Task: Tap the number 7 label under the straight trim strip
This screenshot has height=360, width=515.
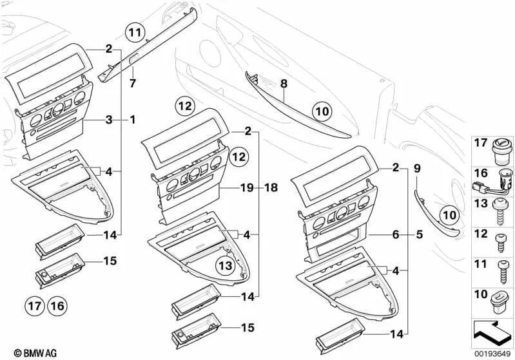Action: (x=133, y=84)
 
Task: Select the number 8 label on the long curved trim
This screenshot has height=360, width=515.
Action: (x=283, y=84)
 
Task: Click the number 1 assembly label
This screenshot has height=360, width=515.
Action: (x=133, y=120)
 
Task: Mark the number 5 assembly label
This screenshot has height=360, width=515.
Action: (x=420, y=236)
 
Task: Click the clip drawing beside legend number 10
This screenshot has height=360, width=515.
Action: (x=500, y=299)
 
